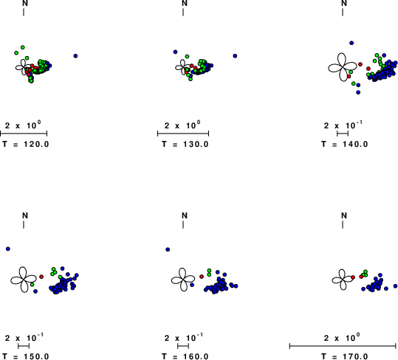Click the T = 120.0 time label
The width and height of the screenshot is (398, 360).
coord(26,145)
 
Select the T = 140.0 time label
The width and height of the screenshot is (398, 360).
coord(345,145)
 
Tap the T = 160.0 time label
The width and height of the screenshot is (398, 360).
coord(185,356)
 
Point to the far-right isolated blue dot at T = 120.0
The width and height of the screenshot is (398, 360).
coord(75,56)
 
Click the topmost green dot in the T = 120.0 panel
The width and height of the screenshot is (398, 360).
coord(23,47)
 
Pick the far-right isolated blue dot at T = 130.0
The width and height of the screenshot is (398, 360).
coord(235,56)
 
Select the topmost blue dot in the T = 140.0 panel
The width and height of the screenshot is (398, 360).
coord(351,43)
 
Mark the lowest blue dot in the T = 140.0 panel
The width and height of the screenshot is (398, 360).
coord(358,92)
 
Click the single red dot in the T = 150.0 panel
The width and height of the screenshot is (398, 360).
coord(41,277)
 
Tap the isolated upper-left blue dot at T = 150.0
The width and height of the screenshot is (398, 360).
coord(8,249)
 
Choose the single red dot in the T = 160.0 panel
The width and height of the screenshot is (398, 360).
coord(202,277)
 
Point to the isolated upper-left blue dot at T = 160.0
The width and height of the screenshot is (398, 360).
coord(168,250)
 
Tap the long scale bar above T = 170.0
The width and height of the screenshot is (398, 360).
coord(343,345)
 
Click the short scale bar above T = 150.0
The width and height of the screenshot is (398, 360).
coord(24,345)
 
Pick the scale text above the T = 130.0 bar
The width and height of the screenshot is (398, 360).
coord(182,125)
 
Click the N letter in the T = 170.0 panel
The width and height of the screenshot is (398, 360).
coord(344,215)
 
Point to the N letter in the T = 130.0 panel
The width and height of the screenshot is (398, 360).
coord(185,3)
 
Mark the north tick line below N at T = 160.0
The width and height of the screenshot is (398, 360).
coord(183,224)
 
